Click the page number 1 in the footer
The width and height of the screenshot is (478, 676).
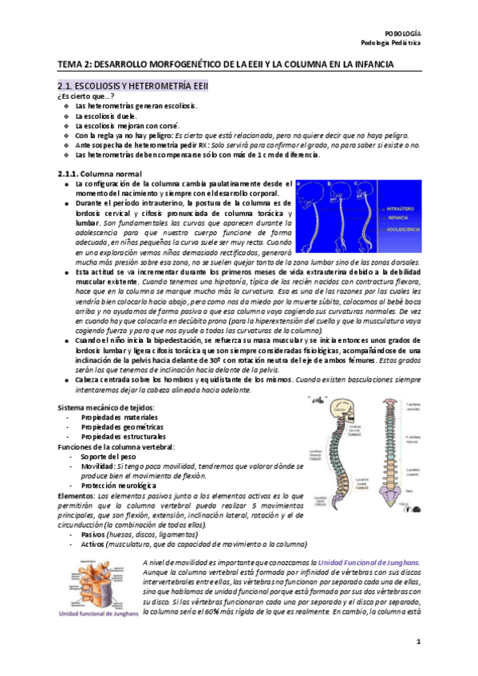coord(417,642)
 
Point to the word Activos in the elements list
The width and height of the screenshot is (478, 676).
coord(98,544)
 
